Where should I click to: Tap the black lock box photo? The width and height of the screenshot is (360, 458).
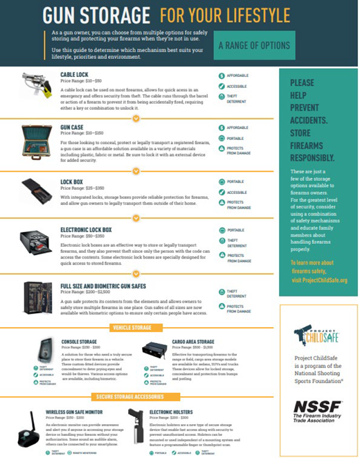[36, 189]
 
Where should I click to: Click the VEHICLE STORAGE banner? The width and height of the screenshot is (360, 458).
[135, 327]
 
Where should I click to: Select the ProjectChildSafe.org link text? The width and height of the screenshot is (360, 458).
[319, 280]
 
